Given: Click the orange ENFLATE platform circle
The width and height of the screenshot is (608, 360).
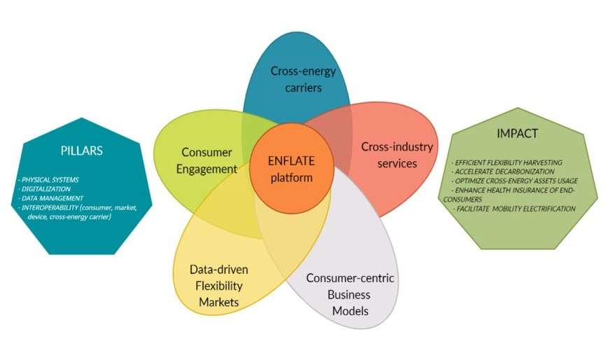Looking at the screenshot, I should (x=290, y=168).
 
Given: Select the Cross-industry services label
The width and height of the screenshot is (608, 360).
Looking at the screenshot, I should (x=397, y=155).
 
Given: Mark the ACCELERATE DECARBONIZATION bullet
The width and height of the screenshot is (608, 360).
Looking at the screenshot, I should (x=505, y=172).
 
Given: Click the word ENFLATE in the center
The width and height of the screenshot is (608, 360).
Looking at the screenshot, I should (x=290, y=161).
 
